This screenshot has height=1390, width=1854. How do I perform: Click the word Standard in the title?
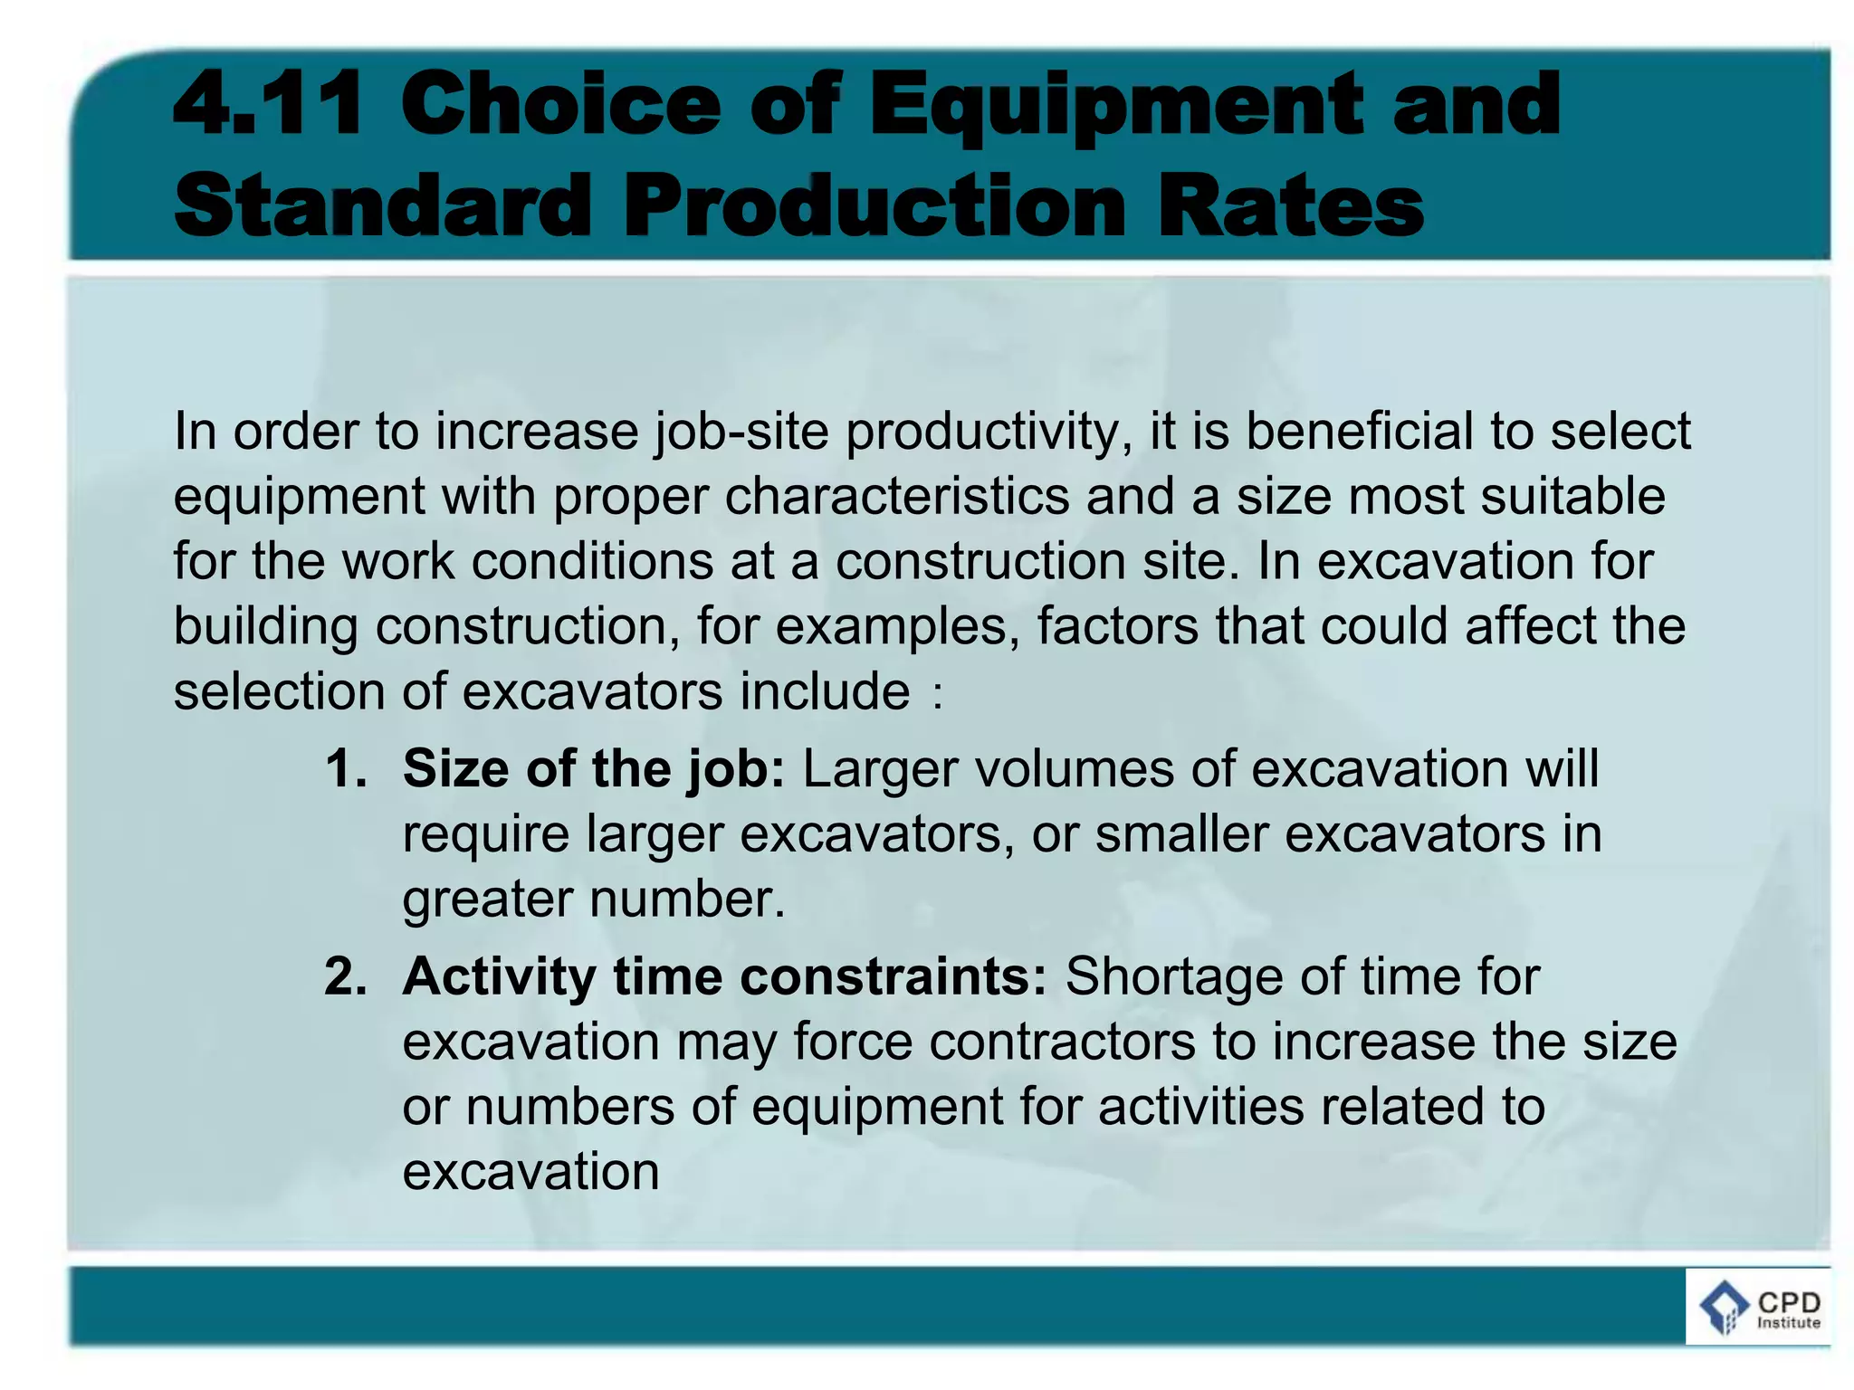coord(381,205)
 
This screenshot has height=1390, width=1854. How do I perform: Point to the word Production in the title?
coord(874,205)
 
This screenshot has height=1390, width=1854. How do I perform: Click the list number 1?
coord(345,768)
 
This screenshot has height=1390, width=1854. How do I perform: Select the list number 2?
coord(345,976)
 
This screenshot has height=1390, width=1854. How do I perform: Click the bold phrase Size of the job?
coord(594,769)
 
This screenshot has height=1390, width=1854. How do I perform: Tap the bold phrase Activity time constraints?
coord(724,976)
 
